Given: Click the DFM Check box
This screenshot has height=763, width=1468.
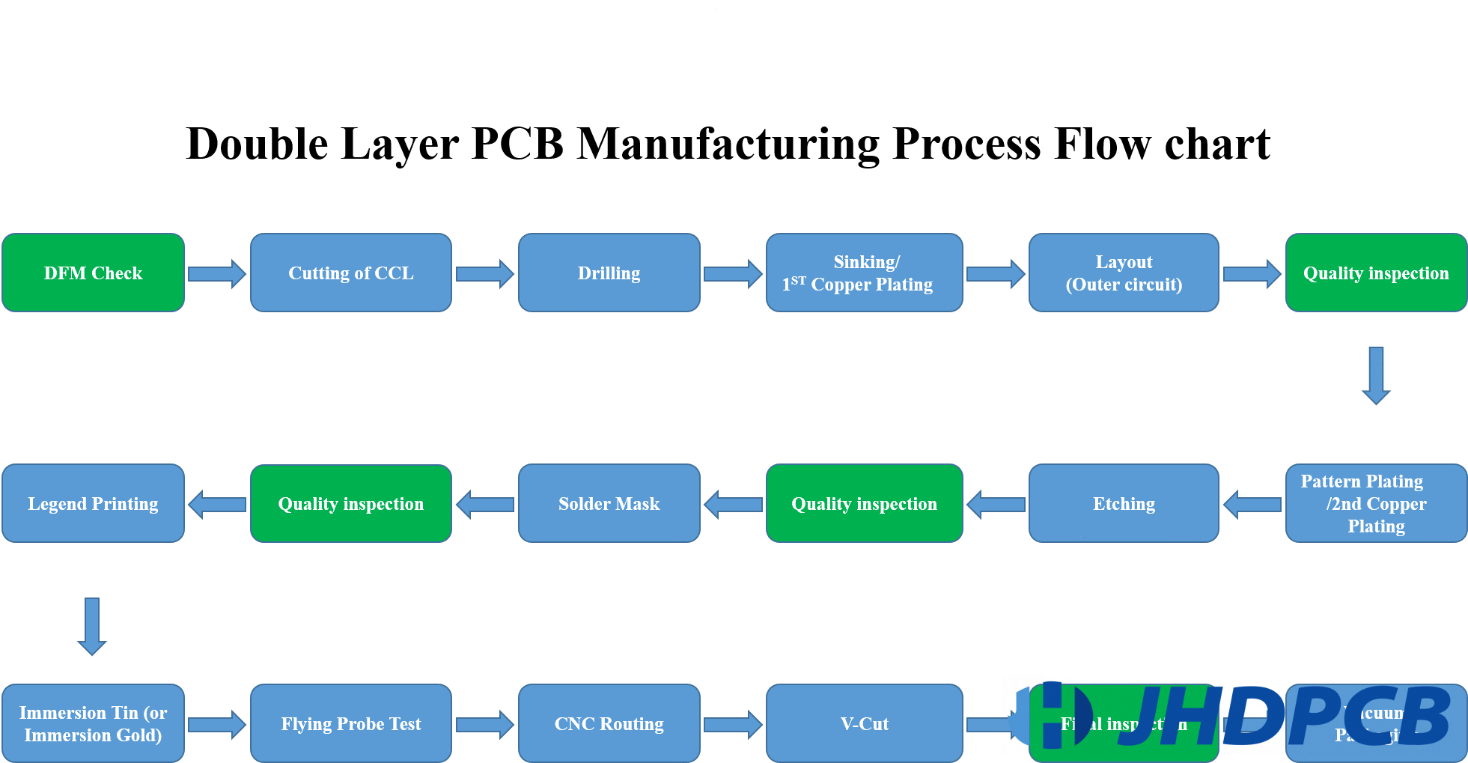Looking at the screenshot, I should click(93, 273).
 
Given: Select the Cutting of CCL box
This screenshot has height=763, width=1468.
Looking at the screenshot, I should click(350, 273).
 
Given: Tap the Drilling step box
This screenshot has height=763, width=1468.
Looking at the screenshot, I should click(609, 273).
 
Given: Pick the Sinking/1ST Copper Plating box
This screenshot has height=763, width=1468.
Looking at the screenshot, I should click(864, 273).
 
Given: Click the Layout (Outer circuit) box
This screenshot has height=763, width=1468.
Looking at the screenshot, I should click(1123, 273).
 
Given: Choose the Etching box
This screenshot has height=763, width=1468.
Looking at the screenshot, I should click(1123, 503).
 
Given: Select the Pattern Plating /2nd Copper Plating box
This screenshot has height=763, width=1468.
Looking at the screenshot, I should click(1376, 503).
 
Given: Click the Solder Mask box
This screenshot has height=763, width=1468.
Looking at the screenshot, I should click(609, 503).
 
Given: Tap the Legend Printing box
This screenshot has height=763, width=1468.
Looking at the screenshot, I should click(93, 503).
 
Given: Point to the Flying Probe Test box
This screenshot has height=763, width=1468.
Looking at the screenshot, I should click(350, 723).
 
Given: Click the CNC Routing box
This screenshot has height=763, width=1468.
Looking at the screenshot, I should click(609, 723).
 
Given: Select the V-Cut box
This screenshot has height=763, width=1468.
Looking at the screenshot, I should click(864, 723).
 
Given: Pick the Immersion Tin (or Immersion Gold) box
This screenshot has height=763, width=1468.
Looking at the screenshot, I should click(93, 723).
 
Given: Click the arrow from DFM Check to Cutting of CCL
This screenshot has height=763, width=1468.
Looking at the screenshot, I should click(216, 274).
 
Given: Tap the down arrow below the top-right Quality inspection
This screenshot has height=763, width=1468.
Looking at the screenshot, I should click(1376, 375).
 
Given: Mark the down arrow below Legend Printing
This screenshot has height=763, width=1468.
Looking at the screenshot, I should click(92, 626).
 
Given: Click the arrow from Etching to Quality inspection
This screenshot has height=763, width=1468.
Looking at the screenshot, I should click(996, 504).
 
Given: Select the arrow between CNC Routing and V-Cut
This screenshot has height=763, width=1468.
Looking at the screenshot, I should click(733, 724).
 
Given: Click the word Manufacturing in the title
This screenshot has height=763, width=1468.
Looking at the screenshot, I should click(728, 144).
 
